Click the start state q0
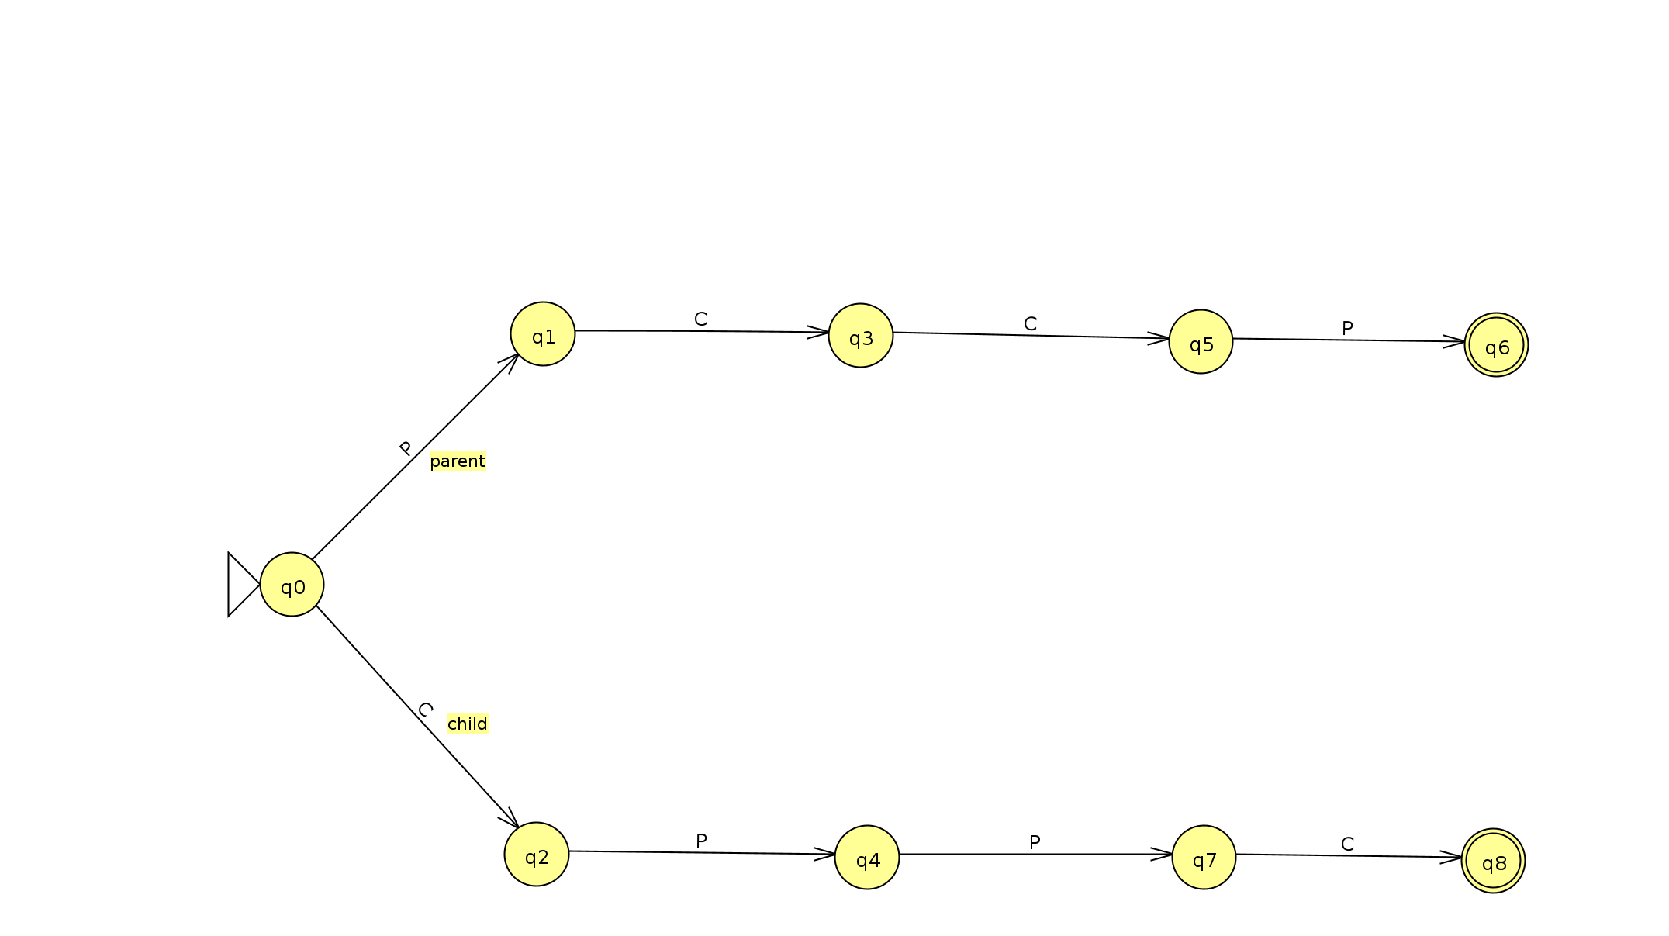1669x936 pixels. click(x=292, y=585)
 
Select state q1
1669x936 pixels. click(x=543, y=334)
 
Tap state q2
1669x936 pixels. click(x=537, y=855)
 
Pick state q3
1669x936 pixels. click(x=861, y=336)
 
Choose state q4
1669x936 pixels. click(x=867, y=858)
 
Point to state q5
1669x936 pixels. click(x=1201, y=342)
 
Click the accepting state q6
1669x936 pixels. click(x=1496, y=345)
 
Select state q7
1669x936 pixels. click(x=1204, y=858)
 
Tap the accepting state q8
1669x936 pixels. click(x=1493, y=861)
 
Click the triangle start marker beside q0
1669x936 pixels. click(x=240, y=585)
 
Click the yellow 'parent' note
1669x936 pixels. click(x=458, y=461)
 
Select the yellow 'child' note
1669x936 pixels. click(x=468, y=724)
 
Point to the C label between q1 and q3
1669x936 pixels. click(x=700, y=319)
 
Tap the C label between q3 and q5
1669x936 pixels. click(x=1030, y=323)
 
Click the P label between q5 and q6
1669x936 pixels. click(x=1347, y=328)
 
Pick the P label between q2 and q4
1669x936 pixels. click(x=701, y=841)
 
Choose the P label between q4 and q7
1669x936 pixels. click(x=1035, y=842)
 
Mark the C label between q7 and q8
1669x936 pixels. click(x=1347, y=844)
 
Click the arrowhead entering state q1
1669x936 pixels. click(x=513, y=360)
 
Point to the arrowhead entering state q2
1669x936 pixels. click(x=512, y=820)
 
